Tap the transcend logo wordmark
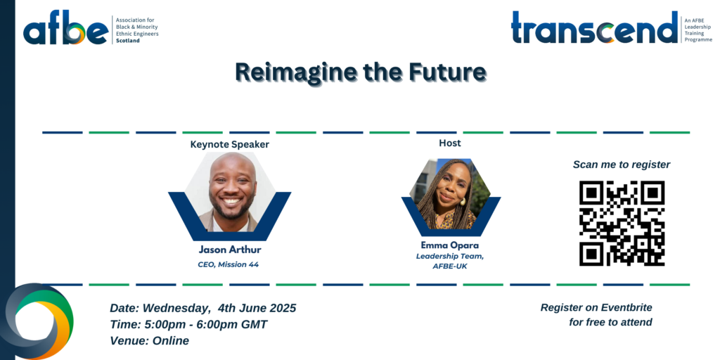[595, 27]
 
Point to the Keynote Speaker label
[230, 145]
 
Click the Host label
[450, 143]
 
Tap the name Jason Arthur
[230, 250]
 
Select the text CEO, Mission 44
[229, 264]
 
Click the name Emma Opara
[450, 245]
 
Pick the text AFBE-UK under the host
[450, 266]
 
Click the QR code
[622, 223]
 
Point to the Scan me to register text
[622, 165]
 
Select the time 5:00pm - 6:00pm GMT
[206, 325]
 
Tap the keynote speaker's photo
[230, 192]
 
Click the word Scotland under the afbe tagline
[128, 40]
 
